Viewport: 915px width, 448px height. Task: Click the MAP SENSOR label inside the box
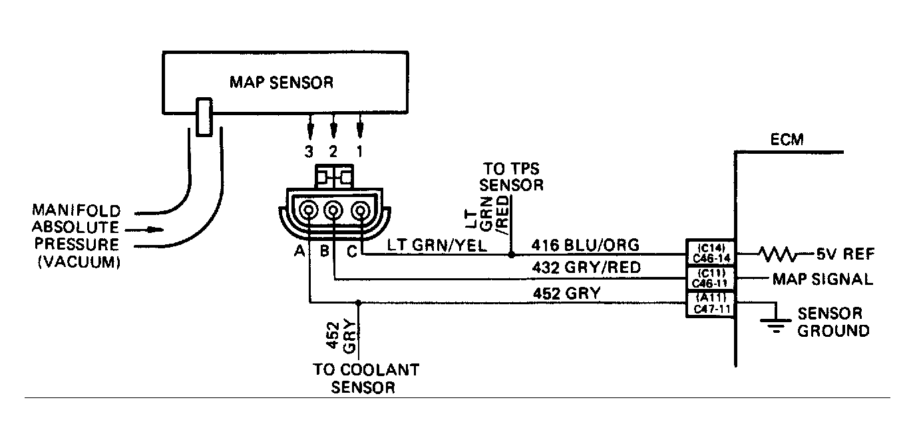pyautogui.click(x=281, y=83)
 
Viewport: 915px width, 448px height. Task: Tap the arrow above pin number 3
pyautogui.click(x=309, y=126)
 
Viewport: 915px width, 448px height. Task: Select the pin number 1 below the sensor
pyautogui.click(x=360, y=152)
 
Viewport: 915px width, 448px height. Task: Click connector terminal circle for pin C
pyautogui.click(x=360, y=212)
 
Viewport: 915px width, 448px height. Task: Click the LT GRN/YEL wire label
pyautogui.click(x=437, y=246)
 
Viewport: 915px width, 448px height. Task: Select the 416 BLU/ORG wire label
pyautogui.click(x=586, y=246)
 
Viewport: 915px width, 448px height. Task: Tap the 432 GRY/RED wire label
pyautogui.click(x=586, y=268)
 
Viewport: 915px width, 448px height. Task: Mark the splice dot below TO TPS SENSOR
pyautogui.click(x=511, y=254)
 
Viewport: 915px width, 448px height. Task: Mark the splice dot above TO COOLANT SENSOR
pyautogui.click(x=359, y=303)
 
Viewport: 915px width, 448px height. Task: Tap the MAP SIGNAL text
pyautogui.click(x=823, y=279)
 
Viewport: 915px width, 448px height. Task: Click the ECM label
pyautogui.click(x=787, y=140)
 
